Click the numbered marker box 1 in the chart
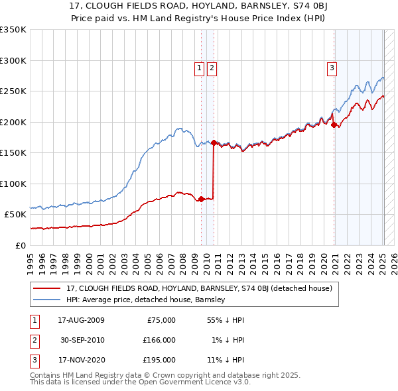click(200, 67)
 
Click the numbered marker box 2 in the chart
click(212, 67)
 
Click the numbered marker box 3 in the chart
click(331, 67)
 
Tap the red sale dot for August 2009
click(201, 199)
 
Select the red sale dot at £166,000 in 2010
click(214, 142)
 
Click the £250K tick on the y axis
click(13, 91)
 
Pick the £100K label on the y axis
click(13, 184)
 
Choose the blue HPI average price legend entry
click(146, 300)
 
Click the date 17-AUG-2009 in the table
click(82, 320)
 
